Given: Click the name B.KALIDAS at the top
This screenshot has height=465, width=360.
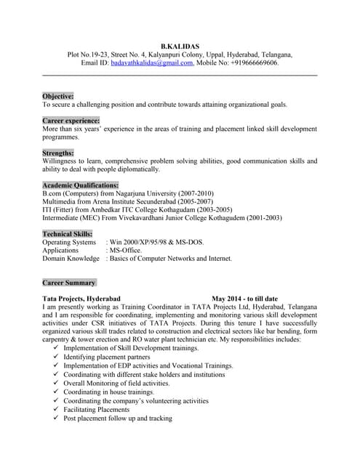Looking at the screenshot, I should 180,45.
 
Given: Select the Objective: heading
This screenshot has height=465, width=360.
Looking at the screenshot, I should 58,96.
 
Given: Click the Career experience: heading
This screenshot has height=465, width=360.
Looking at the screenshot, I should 71,120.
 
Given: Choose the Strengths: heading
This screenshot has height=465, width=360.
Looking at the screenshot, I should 58,153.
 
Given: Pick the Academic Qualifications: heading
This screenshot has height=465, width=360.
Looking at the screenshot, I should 80,185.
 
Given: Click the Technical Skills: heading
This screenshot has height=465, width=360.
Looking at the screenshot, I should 68,234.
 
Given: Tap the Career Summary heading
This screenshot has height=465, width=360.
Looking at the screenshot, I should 68,283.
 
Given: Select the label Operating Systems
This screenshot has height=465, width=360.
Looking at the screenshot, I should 69,242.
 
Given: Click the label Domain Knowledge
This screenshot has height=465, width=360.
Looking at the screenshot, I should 71,258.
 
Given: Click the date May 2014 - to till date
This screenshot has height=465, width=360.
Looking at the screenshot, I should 245,299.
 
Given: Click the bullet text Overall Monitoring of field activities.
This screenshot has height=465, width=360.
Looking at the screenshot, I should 116,384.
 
